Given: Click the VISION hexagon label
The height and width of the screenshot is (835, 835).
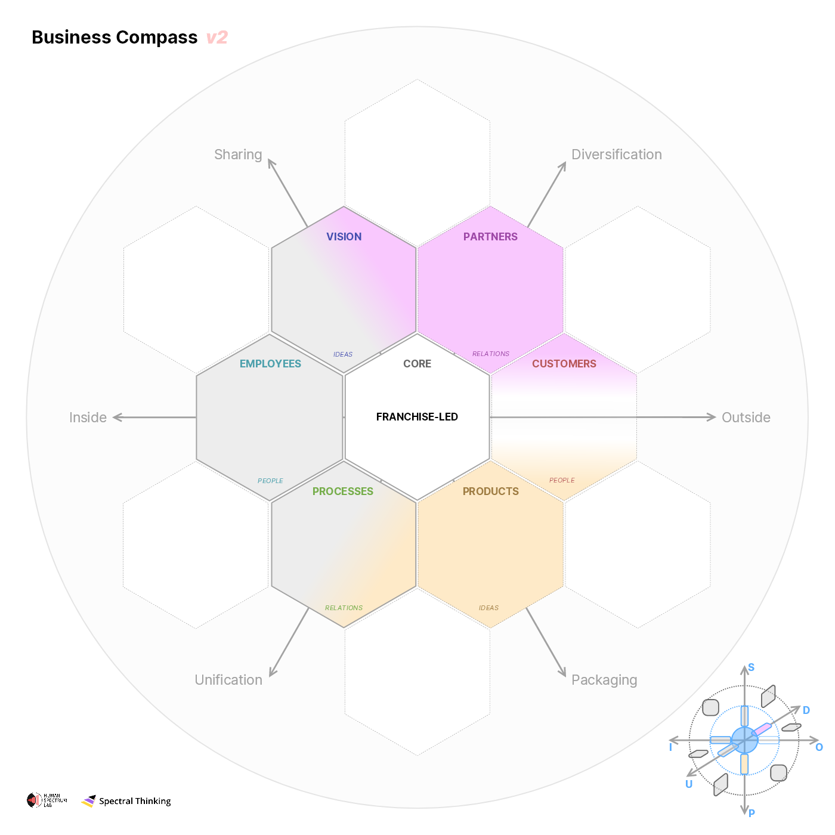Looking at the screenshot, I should click(344, 237).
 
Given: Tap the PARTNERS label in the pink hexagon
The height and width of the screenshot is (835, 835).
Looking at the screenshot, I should click(490, 237).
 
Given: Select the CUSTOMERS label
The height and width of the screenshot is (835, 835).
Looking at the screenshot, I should click(564, 364).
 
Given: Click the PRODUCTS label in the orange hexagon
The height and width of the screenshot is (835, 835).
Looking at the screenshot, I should click(490, 491).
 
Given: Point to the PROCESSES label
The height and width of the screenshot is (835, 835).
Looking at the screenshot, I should click(343, 491).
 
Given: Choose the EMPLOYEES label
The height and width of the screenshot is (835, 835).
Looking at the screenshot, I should click(270, 364).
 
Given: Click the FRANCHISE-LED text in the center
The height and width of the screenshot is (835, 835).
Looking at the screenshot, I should click(417, 417).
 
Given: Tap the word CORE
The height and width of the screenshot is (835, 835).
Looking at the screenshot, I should click(417, 364).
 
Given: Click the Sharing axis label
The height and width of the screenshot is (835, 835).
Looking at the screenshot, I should click(238, 154).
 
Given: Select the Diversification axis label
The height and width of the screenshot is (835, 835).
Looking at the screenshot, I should click(616, 154).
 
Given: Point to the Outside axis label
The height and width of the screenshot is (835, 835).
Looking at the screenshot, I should click(746, 417).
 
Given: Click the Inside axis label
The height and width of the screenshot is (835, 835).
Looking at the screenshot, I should click(88, 417).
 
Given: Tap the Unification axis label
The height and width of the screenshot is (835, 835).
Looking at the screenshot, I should click(228, 680).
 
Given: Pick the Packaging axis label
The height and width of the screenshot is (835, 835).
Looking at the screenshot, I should click(604, 680).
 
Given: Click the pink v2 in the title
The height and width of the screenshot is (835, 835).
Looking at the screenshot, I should click(217, 38).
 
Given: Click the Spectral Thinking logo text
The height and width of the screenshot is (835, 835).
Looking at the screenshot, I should click(135, 801).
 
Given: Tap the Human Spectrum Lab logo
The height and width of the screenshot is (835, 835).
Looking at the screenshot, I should click(47, 800).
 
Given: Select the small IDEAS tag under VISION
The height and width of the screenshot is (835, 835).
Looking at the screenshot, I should click(343, 354).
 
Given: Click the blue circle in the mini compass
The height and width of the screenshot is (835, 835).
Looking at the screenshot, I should click(744, 740).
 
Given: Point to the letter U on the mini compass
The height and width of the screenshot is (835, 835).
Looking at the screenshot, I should click(689, 784).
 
